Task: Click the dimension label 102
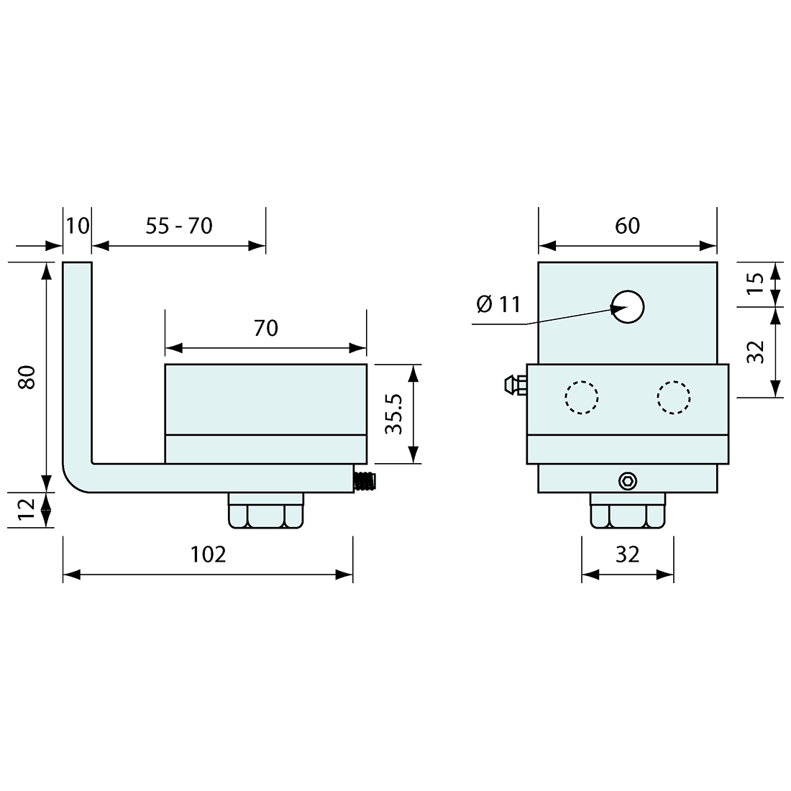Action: coord(208,554)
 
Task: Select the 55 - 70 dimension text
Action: coord(179,226)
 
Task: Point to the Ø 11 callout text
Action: coord(498,304)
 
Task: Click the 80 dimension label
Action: coord(27,377)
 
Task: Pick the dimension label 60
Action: coord(628,226)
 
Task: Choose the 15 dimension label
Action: coord(755,284)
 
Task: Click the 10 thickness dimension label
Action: coord(78,226)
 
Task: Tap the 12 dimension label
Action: coord(27,510)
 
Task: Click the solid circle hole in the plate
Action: coord(628,307)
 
